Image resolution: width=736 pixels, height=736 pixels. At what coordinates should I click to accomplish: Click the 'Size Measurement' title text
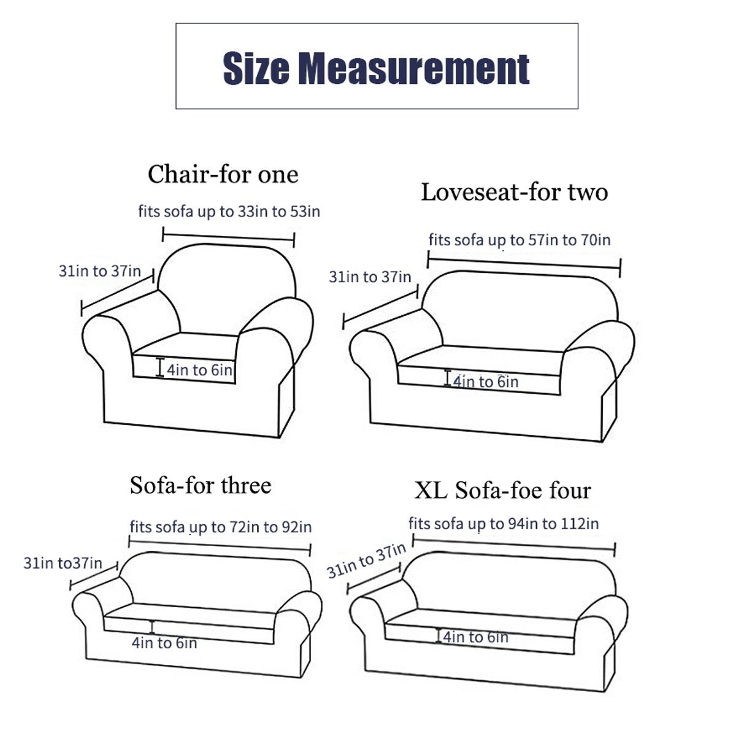pyautogui.click(x=376, y=68)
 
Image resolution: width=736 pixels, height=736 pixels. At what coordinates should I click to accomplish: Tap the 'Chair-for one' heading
pyautogui.click(x=223, y=175)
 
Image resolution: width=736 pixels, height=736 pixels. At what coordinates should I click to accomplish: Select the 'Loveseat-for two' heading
pyautogui.click(x=514, y=192)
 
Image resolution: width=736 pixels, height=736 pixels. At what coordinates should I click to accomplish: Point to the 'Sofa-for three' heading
pyautogui.click(x=201, y=485)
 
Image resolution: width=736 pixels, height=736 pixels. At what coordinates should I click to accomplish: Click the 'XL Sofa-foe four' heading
pyautogui.click(x=503, y=490)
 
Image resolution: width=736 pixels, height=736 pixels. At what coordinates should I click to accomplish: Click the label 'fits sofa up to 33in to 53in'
pyautogui.click(x=229, y=211)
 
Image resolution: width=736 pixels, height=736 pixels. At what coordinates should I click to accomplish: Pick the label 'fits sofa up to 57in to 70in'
pyautogui.click(x=519, y=240)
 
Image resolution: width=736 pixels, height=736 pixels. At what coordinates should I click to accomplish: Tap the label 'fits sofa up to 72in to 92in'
pyautogui.click(x=221, y=527)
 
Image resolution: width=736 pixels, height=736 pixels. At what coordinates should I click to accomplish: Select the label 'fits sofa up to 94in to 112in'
pyautogui.click(x=504, y=524)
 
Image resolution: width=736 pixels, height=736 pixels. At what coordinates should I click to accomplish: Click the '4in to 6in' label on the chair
pyautogui.click(x=199, y=370)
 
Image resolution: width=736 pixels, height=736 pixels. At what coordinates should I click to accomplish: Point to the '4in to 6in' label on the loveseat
pyautogui.click(x=486, y=381)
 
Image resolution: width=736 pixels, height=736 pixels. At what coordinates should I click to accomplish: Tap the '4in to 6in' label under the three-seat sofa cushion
pyautogui.click(x=164, y=643)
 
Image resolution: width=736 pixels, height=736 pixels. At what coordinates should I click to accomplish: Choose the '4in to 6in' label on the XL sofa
pyautogui.click(x=475, y=637)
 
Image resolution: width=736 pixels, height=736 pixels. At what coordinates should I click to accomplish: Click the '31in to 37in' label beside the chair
pyautogui.click(x=100, y=271)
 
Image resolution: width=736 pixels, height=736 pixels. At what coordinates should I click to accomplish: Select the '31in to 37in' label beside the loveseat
pyautogui.click(x=370, y=277)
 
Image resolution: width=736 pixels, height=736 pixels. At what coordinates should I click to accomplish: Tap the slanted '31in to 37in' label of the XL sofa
pyautogui.click(x=366, y=561)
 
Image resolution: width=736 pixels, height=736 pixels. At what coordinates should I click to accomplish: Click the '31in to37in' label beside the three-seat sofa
pyautogui.click(x=63, y=563)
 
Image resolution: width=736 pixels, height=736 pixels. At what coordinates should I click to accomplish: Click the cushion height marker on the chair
pyautogui.click(x=160, y=367)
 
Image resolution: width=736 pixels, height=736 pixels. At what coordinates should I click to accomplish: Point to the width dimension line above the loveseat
pyautogui.click(x=524, y=264)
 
